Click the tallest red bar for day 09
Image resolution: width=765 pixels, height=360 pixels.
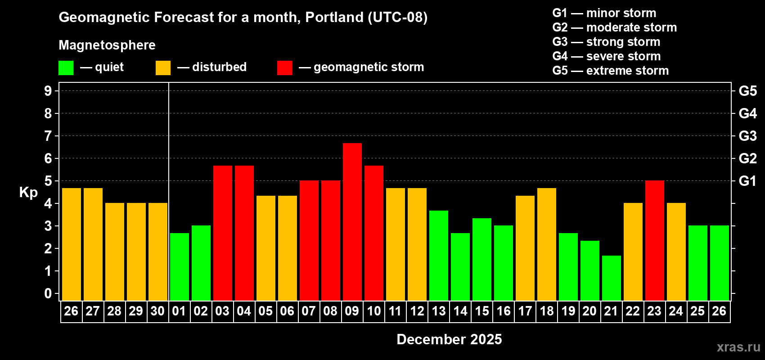pos(352,221)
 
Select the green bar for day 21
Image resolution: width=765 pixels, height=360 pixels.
pos(612,278)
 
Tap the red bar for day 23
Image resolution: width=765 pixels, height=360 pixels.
pos(655,240)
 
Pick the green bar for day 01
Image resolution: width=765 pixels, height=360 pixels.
pos(180,266)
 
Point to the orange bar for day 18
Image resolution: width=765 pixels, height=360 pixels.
pos(547,244)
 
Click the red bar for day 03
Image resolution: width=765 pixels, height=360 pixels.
pos(223,233)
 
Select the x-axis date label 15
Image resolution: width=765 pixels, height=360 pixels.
pos(482,311)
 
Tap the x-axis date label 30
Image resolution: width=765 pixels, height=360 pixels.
pos(157,311)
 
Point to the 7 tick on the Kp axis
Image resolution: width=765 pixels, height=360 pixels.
pos(48,136)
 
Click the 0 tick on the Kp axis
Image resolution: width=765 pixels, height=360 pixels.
pos(48,294)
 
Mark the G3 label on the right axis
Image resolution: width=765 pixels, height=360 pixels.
pos(747,136)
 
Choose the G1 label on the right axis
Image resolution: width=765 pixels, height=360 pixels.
pos(747,181)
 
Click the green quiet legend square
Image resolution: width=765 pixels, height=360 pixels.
pos(66,68)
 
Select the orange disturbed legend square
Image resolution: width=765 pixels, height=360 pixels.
pos(163,68)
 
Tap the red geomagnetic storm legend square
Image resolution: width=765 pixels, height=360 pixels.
pos(284,68)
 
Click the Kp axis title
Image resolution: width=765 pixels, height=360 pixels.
pos(28,193)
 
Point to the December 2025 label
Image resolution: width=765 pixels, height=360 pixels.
pos(449,339)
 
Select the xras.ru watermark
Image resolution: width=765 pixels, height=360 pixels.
pos(738,347)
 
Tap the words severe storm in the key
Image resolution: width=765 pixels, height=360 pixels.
pos(623,56)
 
